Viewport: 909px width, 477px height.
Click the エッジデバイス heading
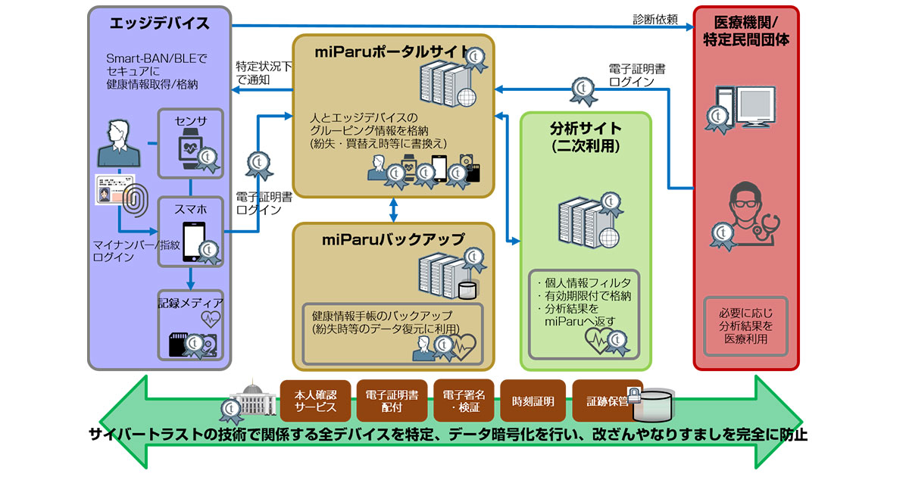coord(159,23)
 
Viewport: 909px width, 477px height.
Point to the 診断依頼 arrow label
coord(656,18)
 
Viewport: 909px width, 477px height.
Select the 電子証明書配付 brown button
coord(392,401)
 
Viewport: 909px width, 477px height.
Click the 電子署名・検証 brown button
coord(464,401)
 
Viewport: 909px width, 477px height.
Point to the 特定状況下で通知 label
coord(262,73)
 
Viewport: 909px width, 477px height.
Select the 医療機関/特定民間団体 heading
coord(746,31)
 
